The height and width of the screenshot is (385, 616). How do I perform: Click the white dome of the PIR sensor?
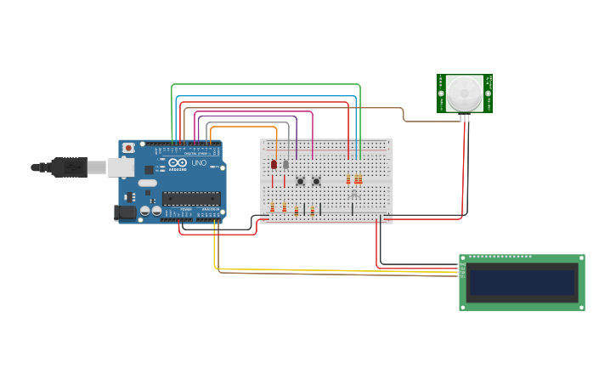(465, 93)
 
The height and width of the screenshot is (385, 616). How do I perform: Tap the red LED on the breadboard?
(274, 164)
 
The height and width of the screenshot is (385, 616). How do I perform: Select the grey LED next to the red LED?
(285, 164)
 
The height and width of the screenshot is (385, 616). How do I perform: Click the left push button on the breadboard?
(300, 181)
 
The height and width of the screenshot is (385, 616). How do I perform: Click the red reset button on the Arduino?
(128, 148)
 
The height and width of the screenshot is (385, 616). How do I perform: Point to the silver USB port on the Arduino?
(121, 167)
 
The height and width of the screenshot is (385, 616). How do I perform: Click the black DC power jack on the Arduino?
(125, 212)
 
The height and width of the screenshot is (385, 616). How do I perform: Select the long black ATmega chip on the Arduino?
(191, 198)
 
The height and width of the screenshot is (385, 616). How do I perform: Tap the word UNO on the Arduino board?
(199, 163)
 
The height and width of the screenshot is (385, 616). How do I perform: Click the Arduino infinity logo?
(178, 162)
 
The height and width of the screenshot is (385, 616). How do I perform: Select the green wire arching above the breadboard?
(265, 85)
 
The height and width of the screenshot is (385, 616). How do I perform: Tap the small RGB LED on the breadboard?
(353, 194)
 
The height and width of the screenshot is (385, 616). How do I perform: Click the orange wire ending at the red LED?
(246, 127)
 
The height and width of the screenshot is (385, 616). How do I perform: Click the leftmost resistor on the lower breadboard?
(273, 208)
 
